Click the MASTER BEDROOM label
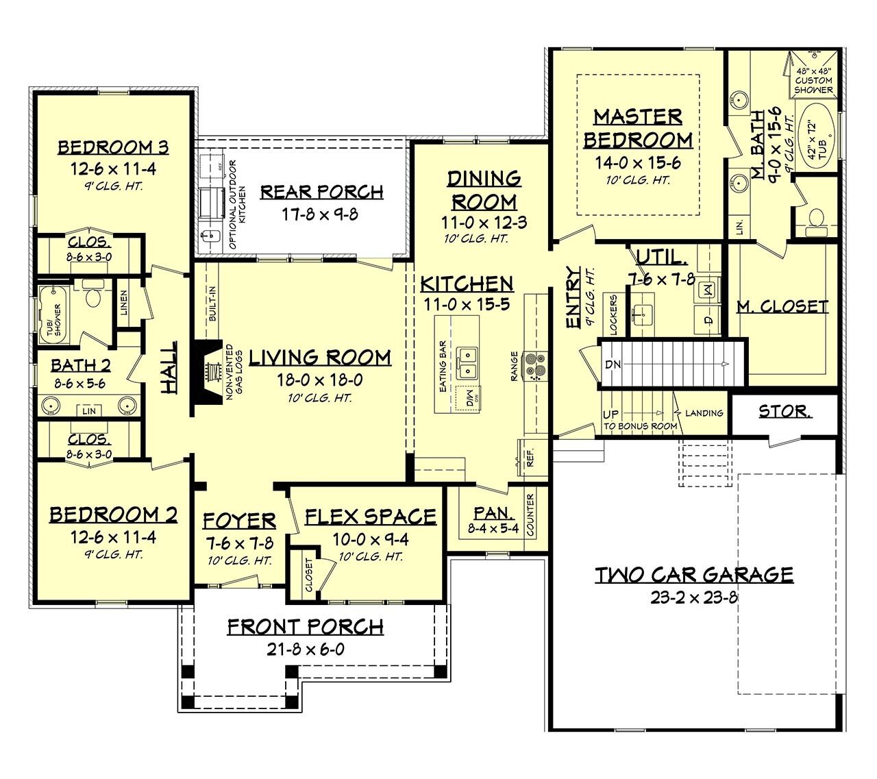[638, 128]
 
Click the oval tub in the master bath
[818, 140]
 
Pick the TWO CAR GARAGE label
[693, 574]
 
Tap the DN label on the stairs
[613, 364]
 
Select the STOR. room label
[785, 411]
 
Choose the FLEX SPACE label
[370, 517]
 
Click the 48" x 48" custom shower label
[813, 80]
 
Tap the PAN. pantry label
[493, 513]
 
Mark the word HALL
[169, 368]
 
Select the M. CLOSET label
[782, 306]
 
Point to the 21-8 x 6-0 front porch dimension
[305, 649]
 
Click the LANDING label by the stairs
[704, 413]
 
